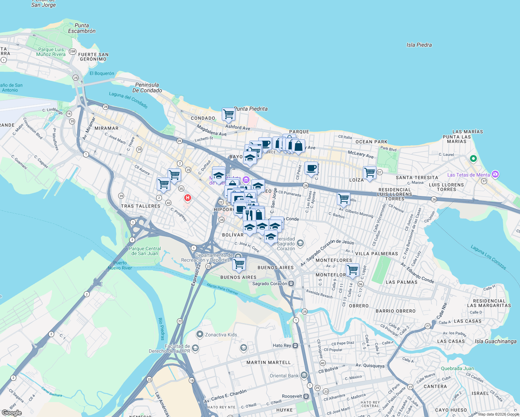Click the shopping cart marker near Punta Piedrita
click(228, 114)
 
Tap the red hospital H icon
click(188, 198)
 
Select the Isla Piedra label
click(419, 45)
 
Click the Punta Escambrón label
click(82, 28)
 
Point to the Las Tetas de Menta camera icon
click(495, 174)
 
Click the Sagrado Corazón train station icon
click(291, 284)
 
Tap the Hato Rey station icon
click(295, 345)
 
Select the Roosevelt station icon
click(306, 396)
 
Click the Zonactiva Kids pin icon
click(200, 335)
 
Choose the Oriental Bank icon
click(304, 375)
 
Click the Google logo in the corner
click(11, 412)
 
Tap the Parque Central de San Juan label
click(145, 251)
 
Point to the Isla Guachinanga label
click(495, 341)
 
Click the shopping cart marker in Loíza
click(369, 172)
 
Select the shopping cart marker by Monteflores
click(352, 270)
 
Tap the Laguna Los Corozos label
click(488, 257)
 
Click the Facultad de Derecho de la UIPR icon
click(195, 348)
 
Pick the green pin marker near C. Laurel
click(473, 159)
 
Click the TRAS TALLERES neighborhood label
click(140, 206)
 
